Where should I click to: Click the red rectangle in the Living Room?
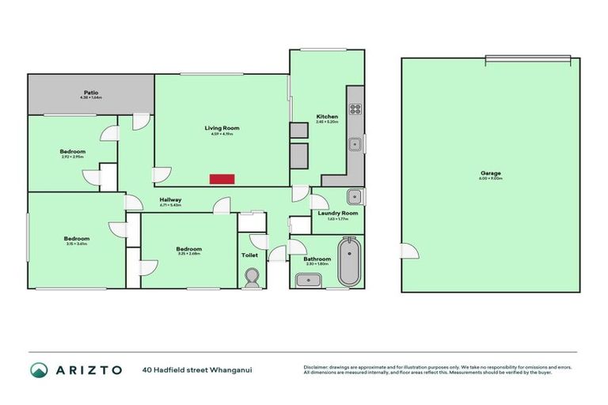[x=222, y=179]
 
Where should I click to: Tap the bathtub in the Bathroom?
[x=348, y=263]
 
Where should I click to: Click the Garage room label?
[x=490, y=172]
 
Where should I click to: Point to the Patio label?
[x=91, y=93]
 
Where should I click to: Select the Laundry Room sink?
[x=355, y=196]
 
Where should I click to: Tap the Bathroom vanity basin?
[x=306, y=279]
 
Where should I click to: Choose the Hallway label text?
[x=171, y=199]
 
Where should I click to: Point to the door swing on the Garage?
[x=409, y=251]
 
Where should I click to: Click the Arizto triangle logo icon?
[x=39, y=369]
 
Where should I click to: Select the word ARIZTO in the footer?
[x=89, y=369]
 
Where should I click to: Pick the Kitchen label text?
[x=327, y=116]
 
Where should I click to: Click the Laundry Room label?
[x=338, y=213]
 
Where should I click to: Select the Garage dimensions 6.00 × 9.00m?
[x=490, y=179]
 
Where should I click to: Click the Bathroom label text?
[x=317, y=259]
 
